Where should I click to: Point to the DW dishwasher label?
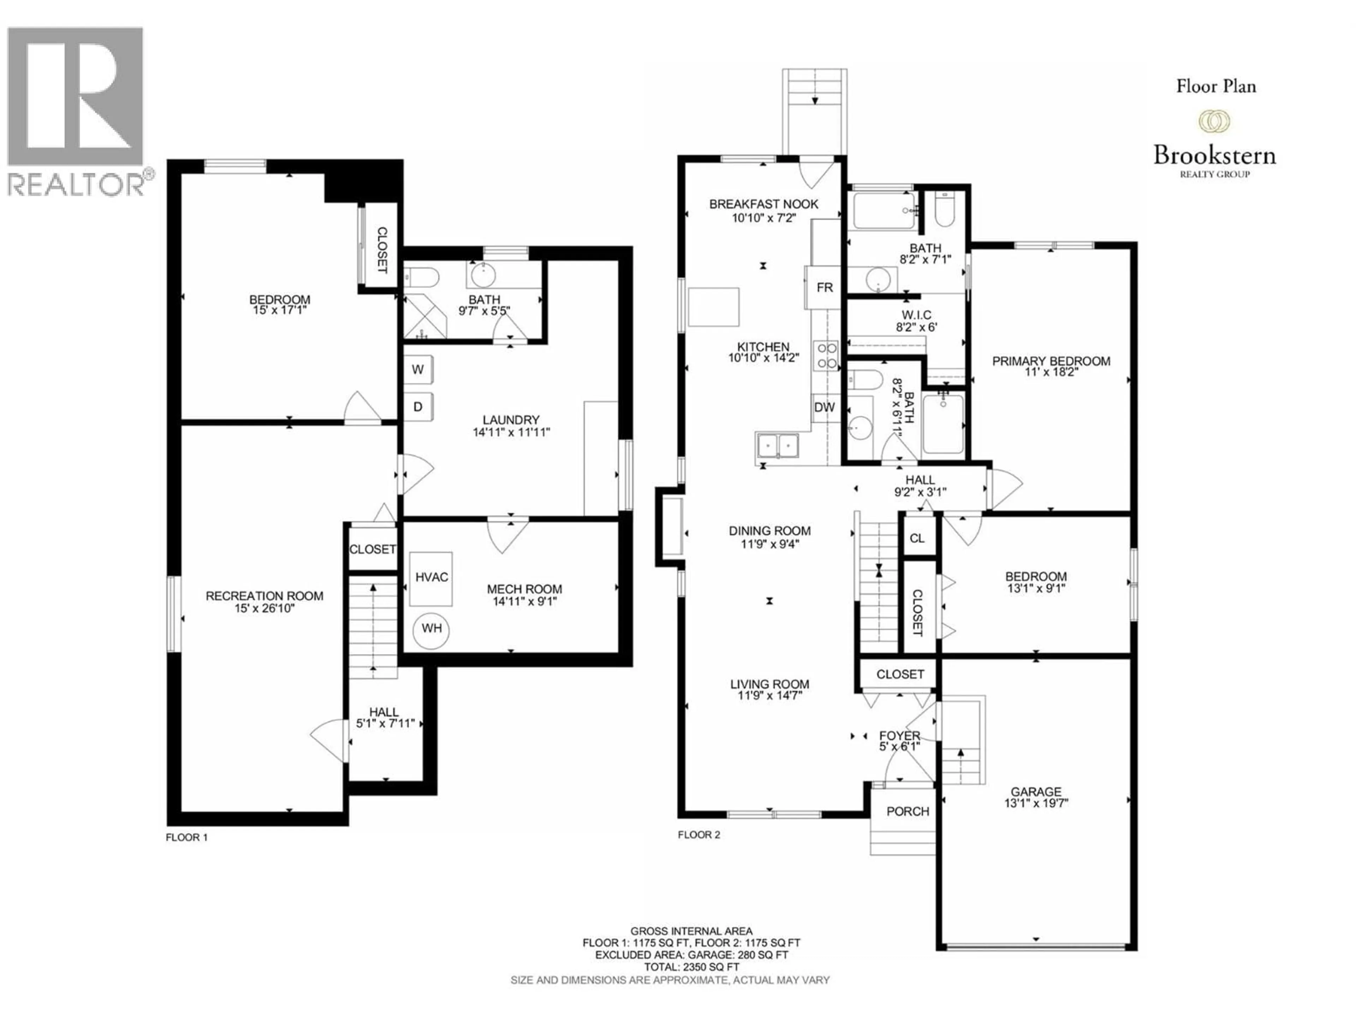pos(825,407)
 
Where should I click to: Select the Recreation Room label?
pos(264,596)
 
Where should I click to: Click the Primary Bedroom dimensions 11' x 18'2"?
pos(1051,372)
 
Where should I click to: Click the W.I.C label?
pos(916,315)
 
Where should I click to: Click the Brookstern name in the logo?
pos(1214,155)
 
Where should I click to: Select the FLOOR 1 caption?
pos(187,837)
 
